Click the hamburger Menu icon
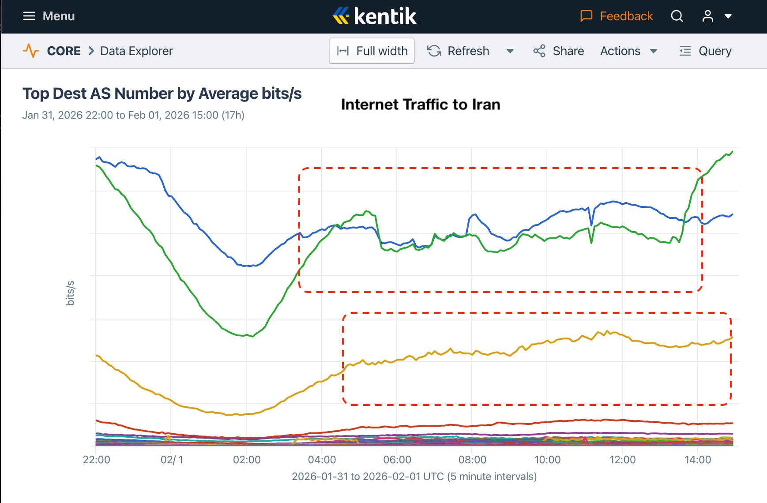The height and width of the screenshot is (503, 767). (x=29, y=16)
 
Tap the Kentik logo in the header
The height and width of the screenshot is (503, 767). (x=375, y=16)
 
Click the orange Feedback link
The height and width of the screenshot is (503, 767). (x=617, y=16)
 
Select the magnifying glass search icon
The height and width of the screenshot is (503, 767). (x=677, y=16)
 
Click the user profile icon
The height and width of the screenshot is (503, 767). (x=708, y=16)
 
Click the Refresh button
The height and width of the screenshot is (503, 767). (x=459, y=51)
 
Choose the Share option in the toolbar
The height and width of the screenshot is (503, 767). (x=559, y=51)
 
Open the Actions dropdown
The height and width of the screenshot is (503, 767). (x=628, y=51)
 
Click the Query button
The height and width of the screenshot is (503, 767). (x=706, y=51)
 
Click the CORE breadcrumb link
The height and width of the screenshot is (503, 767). (x=64, y=51)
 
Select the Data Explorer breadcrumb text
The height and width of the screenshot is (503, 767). (x=136, y=51)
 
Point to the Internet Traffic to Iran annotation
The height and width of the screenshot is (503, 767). (x=421, y=105)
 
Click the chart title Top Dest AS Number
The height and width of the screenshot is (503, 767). (x=162, y=94)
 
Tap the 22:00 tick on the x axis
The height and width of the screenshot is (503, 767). (x=97, y=460)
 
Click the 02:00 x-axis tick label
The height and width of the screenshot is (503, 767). (x=247, y=460)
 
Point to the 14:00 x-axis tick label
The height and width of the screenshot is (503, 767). (x=698, y=460)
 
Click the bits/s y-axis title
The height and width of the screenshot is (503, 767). (x=70, y=293)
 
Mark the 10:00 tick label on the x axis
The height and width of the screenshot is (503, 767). (x=547, y=460)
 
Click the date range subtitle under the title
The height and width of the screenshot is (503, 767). (x=133, y=115)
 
